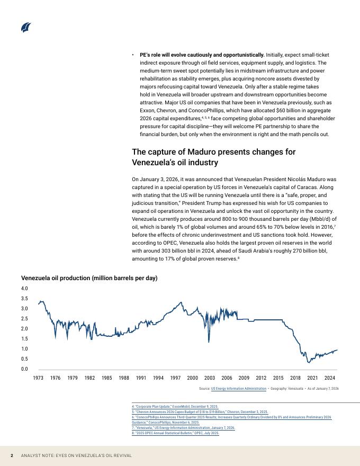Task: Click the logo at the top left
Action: tap(26, 28)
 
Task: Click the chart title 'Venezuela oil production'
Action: tap(89, 278)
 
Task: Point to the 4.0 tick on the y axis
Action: tap(24, 289)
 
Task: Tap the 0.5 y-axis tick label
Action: tap(24, 359)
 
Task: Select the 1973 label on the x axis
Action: tap(38, 378)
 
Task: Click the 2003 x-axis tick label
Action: tap(210, 378)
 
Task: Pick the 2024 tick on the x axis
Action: tap(329, 378)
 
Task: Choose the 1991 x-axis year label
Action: tap(141, 378)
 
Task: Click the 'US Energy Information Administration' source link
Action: tap(238, 389)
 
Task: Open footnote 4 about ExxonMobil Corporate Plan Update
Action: tap(175, 406)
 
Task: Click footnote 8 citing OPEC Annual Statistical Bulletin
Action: tap(175, 433)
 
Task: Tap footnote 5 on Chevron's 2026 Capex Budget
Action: tap(200, 411)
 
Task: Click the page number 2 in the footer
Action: tap(12, 455)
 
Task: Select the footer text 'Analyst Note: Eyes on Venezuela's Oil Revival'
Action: tap(76, 455)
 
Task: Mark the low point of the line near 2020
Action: tap(309, 362)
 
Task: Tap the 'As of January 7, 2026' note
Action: tap(323, 389)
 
